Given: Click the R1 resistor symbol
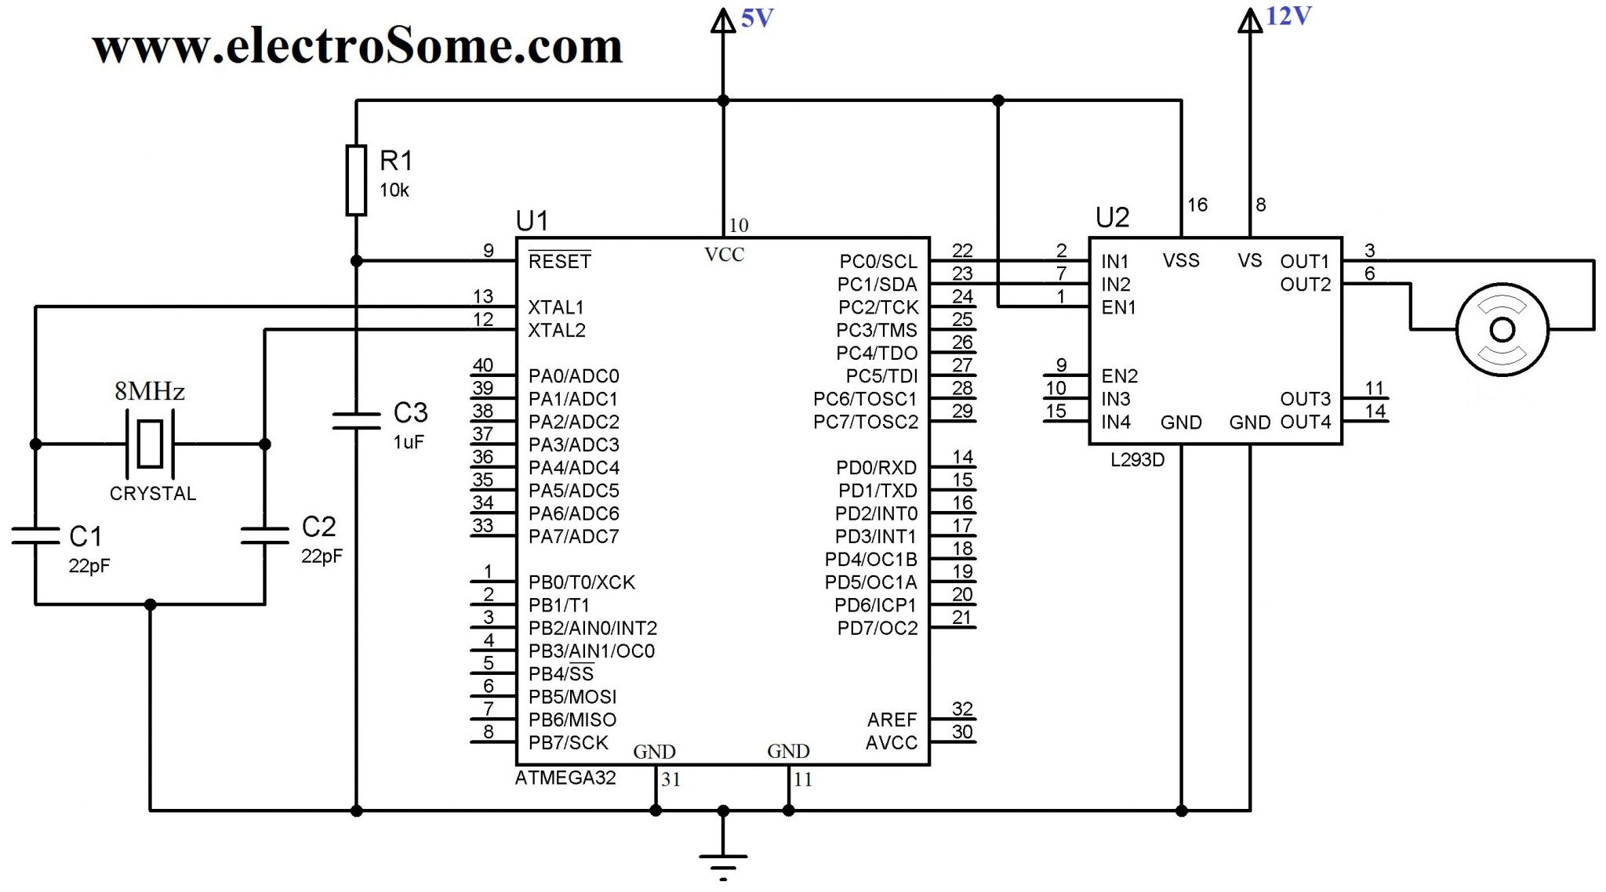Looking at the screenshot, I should pyautogui.click(x=356, y=180).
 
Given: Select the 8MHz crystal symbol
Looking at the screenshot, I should pyautogui.click(x=150, y=444).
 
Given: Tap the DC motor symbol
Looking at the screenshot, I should pyautogui.click(x=1502, y=330).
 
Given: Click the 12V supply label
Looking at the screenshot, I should pyautogui.click(x=1288, y=16).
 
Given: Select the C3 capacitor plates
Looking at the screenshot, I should pyautogui.click(x=356, y=421).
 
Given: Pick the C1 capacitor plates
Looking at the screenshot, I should pyautogui.click(x=35, y=535).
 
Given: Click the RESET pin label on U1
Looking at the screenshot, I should pyautogui.click(x=559, y=261).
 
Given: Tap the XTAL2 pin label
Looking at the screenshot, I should pyautogui.click(x=556, y=330).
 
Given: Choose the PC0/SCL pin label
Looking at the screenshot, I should pyautogui.click(x=877, y=261).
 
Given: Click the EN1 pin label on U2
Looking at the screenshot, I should pyautogui.click(x=1118, y=307).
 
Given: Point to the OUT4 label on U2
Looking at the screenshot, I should pyautogui.click(x=1305, y=422).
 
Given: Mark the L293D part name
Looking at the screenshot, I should pyautogui.click(x=1137, y=460).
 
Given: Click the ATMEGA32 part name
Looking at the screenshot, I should pyautogui.click(x=565, y=778).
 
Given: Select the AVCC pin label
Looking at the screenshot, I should pyautogui.click(x=891, y=742).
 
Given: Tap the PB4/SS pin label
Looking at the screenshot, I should pyautogui.click(x=561, y=674).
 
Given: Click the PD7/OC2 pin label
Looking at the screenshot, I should pyautogui.click(x=877, y=628).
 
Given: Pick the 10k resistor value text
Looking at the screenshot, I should pyautogui.click(x=394, y=190).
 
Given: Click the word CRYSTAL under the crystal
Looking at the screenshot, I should pyautogui.click(x=152, y=494).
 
